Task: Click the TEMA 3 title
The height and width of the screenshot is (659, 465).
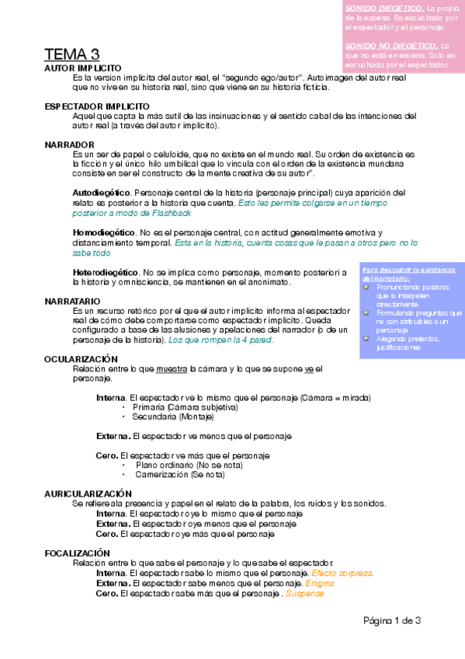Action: coord(71,54)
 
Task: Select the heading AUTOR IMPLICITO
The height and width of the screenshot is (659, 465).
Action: coord(83,68)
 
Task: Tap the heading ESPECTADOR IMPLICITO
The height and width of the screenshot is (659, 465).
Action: coord(97,106)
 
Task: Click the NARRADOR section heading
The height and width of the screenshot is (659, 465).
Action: coord(69,145)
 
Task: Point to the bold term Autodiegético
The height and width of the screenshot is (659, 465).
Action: coord(101,192)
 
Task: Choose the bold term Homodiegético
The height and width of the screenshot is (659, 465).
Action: coord(102,232)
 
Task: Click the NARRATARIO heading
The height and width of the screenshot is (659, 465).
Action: coord(72,300)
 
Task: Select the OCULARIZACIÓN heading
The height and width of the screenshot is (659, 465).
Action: coord(81,358)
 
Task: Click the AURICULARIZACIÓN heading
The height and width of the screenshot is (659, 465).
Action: coord(88,493)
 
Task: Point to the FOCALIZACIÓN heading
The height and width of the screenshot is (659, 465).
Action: coord(77,553)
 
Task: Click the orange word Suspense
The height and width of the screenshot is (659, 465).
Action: coord(304,594)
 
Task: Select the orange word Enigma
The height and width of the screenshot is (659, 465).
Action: coord(320,584)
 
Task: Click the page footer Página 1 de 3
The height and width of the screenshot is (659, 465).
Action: coord(392,620)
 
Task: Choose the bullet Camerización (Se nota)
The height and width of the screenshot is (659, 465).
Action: coord(180,474)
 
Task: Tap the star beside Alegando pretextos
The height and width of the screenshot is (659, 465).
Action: coord(366,339)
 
